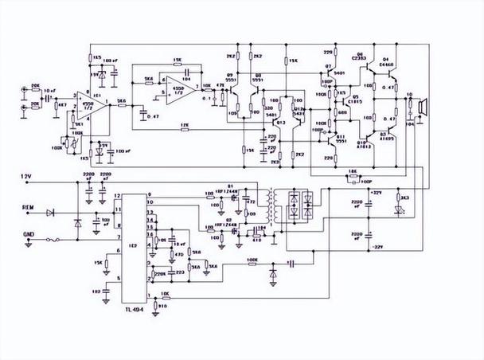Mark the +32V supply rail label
377,193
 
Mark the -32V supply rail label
377,248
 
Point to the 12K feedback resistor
184,126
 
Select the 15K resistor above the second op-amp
177,61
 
